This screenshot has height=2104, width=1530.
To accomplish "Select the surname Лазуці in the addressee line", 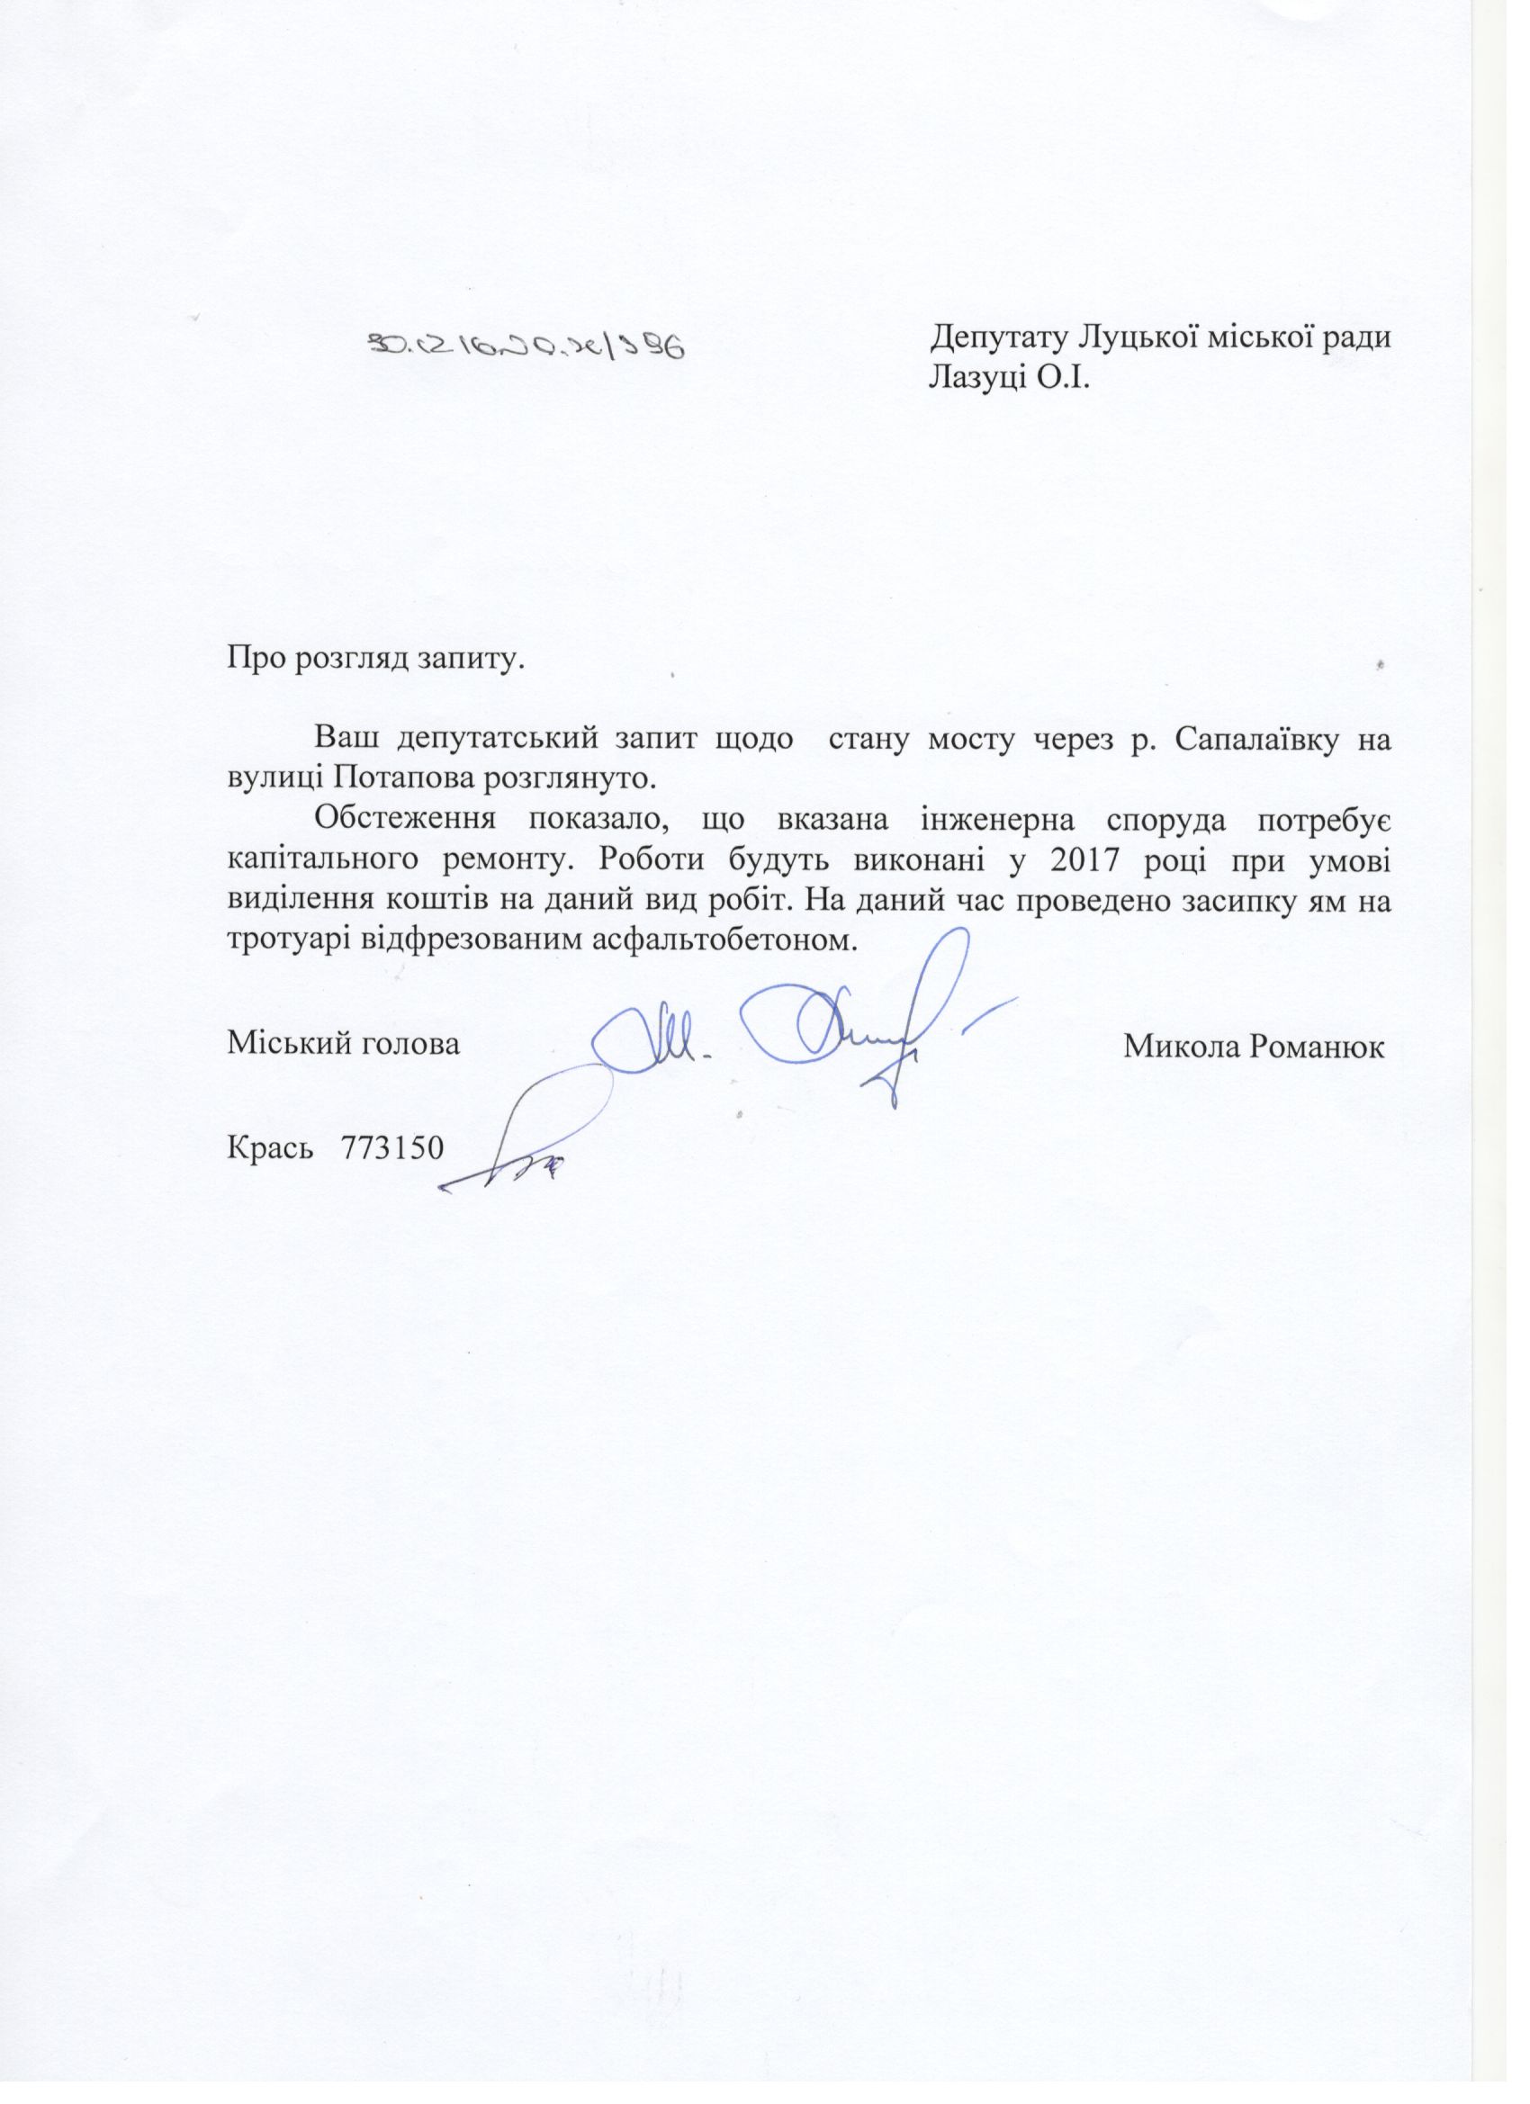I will coord(978,379).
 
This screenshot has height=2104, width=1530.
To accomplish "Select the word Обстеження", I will coord(406,820).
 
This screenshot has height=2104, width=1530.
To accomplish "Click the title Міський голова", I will coord(343,1045).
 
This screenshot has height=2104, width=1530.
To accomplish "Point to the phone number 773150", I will coord(392,1148).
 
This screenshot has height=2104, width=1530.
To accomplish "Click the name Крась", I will coord(269,1148).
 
